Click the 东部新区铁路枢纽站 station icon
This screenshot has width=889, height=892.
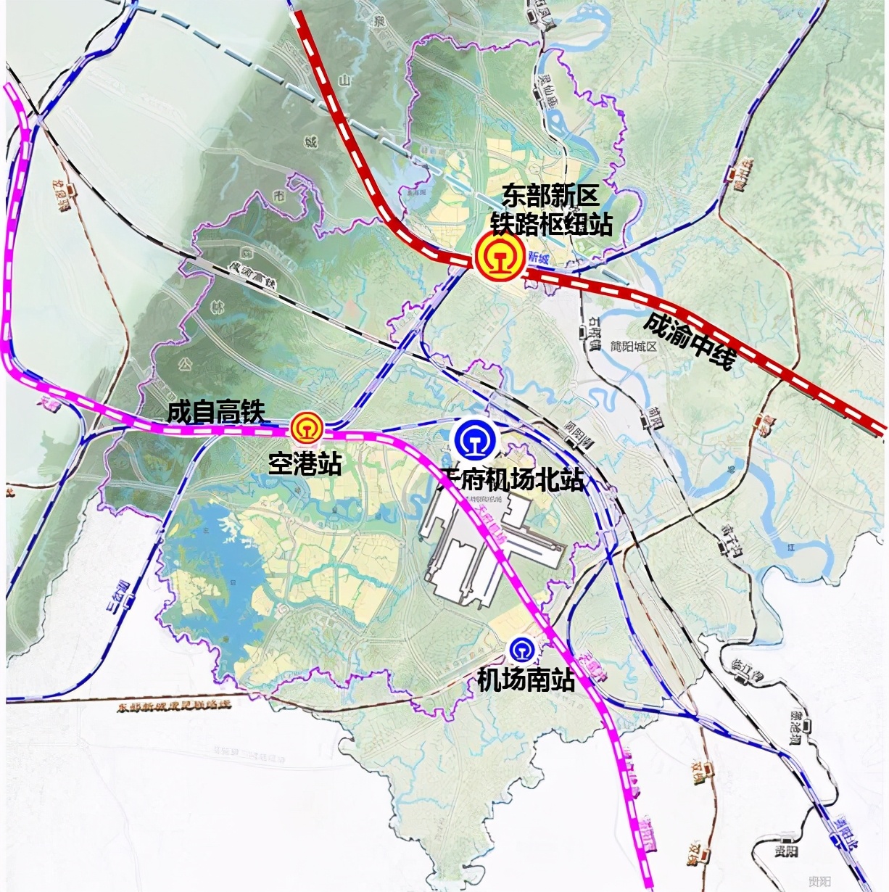499,257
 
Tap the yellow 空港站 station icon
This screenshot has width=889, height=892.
307,428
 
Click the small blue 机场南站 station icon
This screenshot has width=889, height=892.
521,648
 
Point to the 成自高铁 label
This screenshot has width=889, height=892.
216,412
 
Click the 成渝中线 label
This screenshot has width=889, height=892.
690,339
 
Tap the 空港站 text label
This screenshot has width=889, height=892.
305,463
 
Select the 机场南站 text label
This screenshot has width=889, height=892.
526,680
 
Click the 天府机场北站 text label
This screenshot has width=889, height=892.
513,479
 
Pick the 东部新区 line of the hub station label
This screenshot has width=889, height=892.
550,196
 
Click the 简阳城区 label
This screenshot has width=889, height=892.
632,347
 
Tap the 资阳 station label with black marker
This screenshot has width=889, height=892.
785,851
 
